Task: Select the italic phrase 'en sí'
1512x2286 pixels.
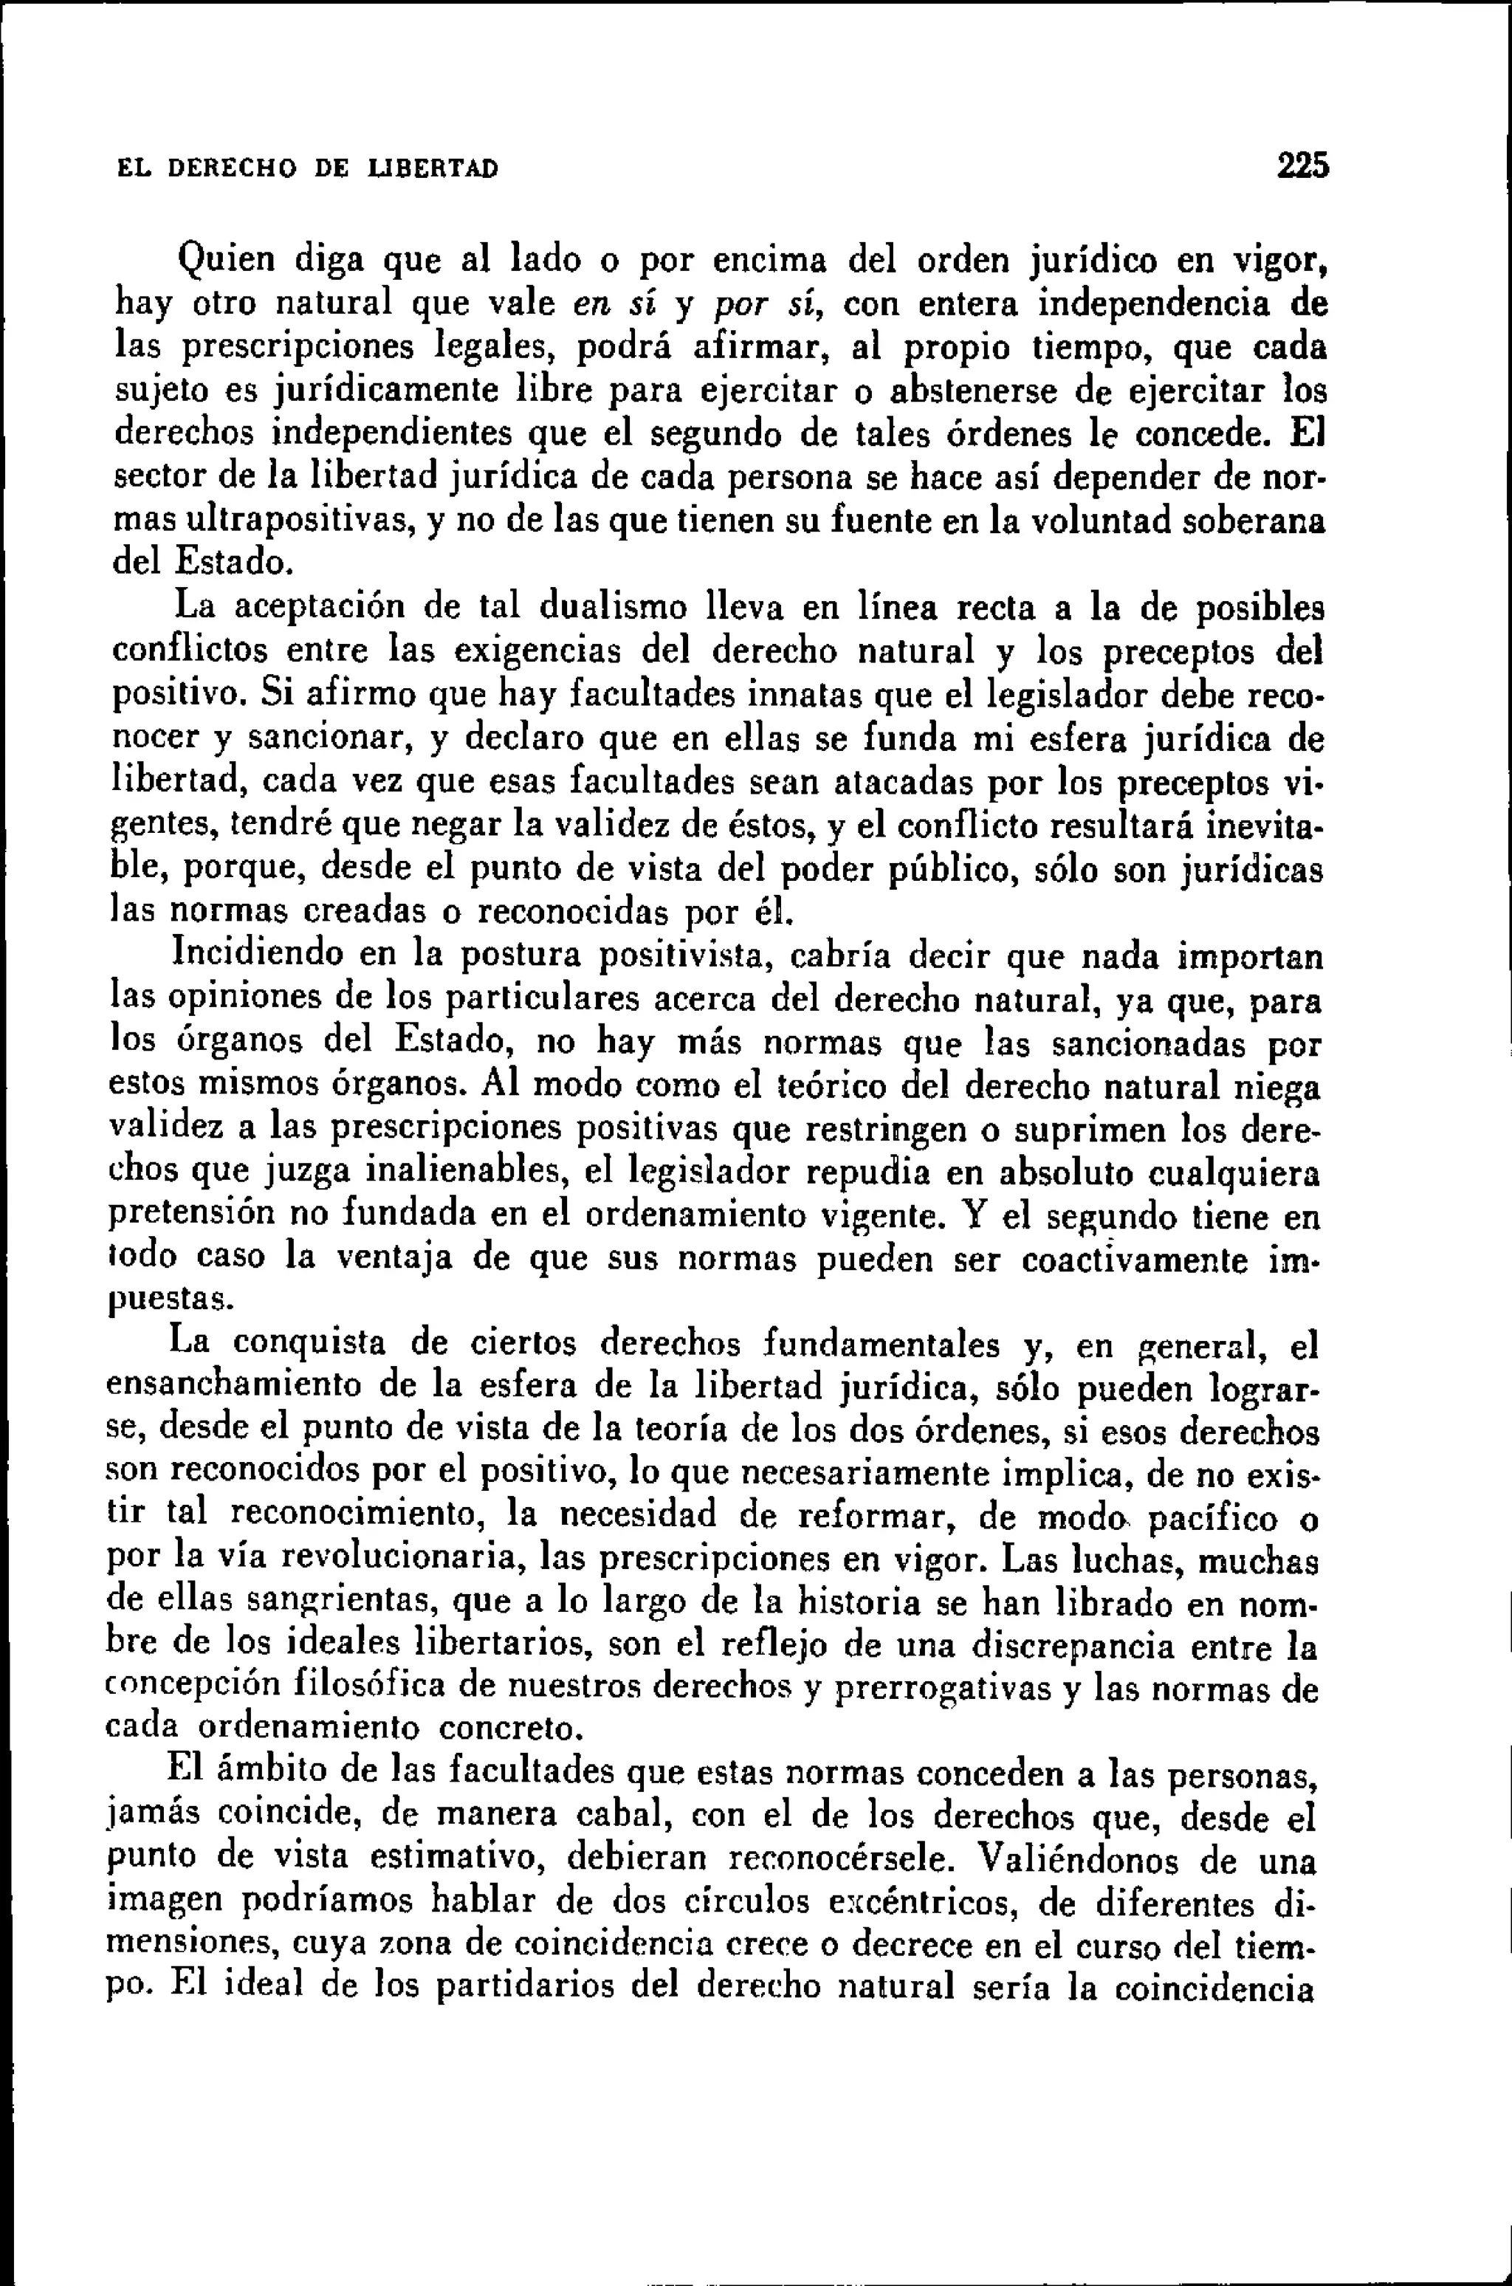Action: pyautogui.click(x=614, y=305)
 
